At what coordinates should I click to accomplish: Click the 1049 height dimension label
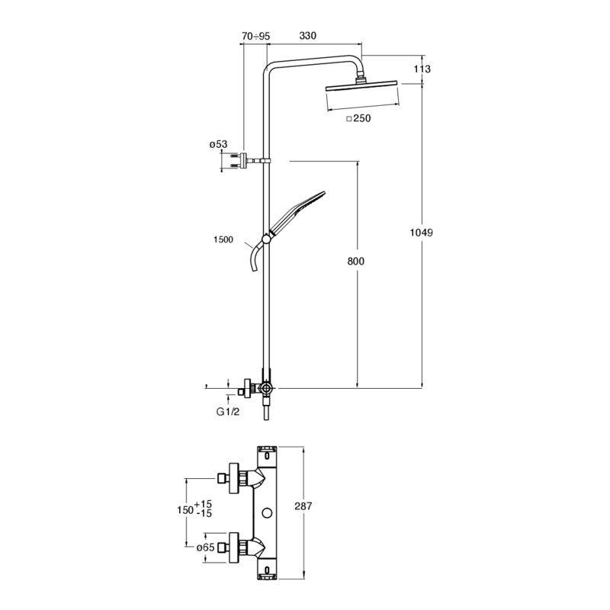click(x=422, y=233)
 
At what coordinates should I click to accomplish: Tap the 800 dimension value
click(x=356, y=261)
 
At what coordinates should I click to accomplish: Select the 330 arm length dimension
click(x=308, y=36)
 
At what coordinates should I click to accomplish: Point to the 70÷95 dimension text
click(x=255, y=36)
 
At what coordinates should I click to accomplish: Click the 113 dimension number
click(x=422, y=69)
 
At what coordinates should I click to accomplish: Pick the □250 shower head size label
click(x=358, y=118)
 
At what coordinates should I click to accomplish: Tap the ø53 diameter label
click(x=218, y=144)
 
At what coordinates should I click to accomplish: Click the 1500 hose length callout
click(x=223, y=239)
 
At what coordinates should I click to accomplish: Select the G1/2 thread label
click(x=228, y=412)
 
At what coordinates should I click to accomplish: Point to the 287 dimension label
click(x=303, y=506)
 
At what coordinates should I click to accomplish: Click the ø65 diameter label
click(x=205, y=547)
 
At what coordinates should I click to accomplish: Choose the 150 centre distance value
click(x=185, y=509)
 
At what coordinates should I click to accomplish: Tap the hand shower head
click(x=298, y=212)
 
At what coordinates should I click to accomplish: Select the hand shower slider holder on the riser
click(x=265, y=239)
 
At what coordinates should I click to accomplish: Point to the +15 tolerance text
click(x=203, y=504)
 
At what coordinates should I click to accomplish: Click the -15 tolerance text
click(x=204, y=513)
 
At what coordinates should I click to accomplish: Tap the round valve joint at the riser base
click(x=266, y=388)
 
